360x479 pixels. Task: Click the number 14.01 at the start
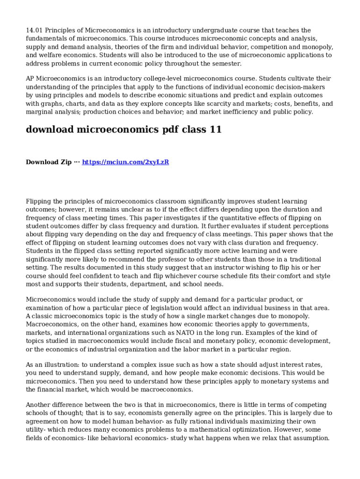point(34,30)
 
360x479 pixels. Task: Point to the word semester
point(227,64)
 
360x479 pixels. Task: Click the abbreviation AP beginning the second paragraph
point(30,79)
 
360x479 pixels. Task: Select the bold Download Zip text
point(49,162)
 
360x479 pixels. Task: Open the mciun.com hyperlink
point(125,162)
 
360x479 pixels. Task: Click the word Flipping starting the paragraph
point(40,201)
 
